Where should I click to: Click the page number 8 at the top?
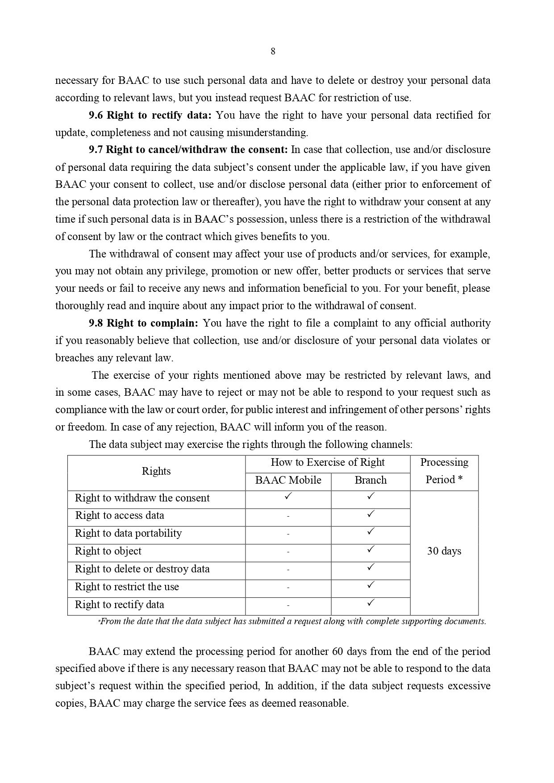(x=273, y=51)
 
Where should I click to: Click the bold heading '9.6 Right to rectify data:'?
(x=150, y=115)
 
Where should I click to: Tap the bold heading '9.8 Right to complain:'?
(x=143, y=323)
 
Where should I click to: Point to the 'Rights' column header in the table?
(x=156, y=471)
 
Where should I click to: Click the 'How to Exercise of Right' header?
(x=327, y=462)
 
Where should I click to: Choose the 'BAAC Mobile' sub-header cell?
(x=288, y=480)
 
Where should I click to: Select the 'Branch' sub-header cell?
(x=371, y=480)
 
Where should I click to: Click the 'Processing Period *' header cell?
(x=444, y=471)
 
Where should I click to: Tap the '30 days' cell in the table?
(x=444, y=551)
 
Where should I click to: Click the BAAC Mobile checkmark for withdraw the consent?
(x=288, y=496)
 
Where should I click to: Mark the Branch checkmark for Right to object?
(x=371, y=549)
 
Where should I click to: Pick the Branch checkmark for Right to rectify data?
(x=371, y=603)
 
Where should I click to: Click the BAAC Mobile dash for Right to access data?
(x=288, y=516)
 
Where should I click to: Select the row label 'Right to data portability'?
(x=128, y=533)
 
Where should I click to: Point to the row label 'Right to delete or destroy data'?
(x=142, y=569)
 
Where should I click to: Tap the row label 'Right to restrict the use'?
(x=127, y=587)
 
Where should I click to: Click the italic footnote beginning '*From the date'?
(x=292, y=621)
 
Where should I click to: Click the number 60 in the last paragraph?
(x=338, y=651)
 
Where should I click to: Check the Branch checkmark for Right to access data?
(x=371, y=514)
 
